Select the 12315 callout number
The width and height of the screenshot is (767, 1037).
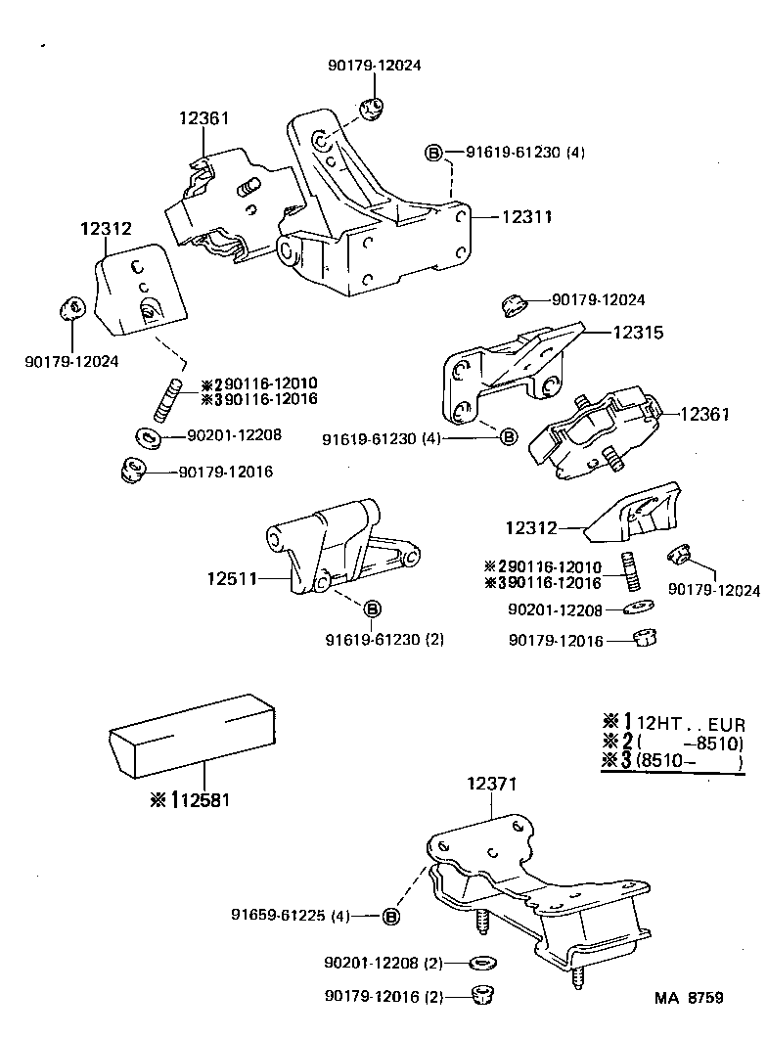[637, 333]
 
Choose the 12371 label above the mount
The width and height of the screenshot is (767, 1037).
[491, 784]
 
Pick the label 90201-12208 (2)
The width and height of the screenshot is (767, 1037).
[383, 963]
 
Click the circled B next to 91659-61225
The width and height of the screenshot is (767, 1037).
[390, 916]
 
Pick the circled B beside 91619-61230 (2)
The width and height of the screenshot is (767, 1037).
[372, 610]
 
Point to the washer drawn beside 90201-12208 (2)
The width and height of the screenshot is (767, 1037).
[480, 963]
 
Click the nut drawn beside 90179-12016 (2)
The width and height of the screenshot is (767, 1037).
[480, 995]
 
